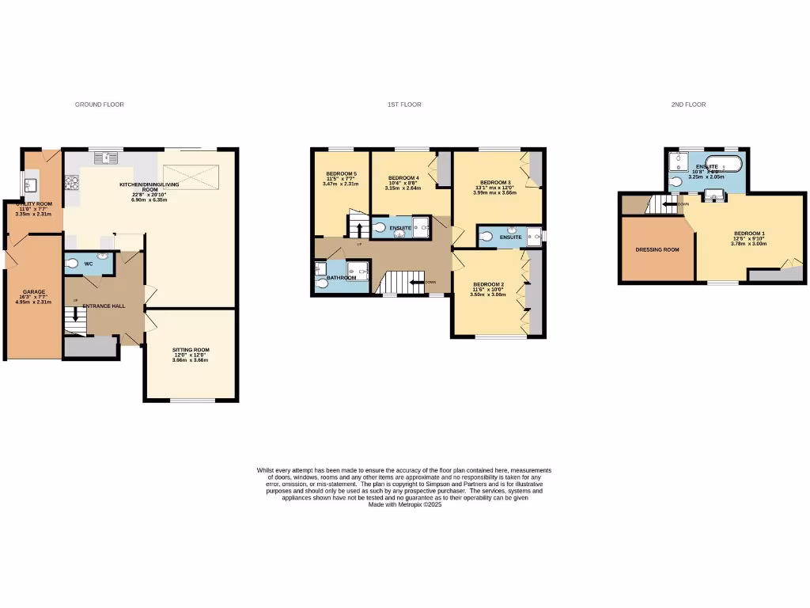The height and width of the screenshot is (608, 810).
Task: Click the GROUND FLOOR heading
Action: coord(100,104)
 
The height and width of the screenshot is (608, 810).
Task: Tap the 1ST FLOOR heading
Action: coord(404,104)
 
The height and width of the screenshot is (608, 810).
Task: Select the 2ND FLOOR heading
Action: coord(689,104)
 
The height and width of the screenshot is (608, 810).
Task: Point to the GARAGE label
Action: coord(34,291)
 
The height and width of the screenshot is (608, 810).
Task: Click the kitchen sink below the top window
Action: coord(105,158)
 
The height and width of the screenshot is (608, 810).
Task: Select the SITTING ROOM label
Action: coord(191,349)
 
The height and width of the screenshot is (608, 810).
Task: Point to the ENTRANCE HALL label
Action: coord(104,306)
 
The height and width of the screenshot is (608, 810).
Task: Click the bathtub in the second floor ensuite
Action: coord(723,164)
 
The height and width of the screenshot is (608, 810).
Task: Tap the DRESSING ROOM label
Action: coord(657,250)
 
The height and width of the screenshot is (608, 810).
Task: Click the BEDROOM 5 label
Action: coord(341,174)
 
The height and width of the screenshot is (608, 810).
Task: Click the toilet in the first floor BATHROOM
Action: coord(322,279)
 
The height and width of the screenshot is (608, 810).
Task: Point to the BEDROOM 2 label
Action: coord(488,283)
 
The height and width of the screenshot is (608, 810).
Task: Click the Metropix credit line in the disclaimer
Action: coord(404,504)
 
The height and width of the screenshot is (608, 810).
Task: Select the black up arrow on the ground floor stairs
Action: coord(77,314)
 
